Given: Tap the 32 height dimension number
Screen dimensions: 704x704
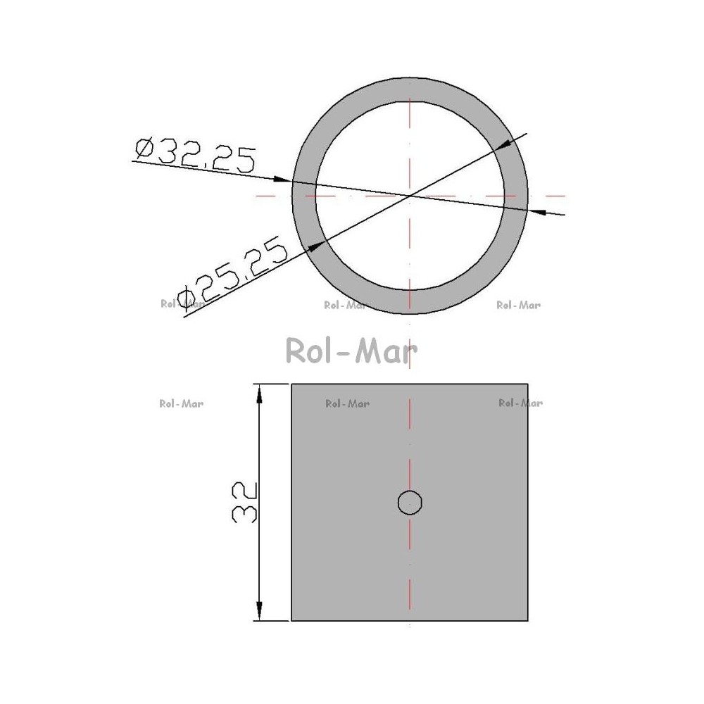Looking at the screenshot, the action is tap(245, 503).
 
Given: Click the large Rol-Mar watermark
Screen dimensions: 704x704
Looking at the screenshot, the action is tap(351, 351).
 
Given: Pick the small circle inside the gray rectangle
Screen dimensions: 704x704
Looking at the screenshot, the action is tap(410, 503).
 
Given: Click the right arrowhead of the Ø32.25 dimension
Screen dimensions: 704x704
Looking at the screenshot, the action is tap(537, 211).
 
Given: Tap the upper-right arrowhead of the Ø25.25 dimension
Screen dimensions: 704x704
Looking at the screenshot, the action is tap(502, 144).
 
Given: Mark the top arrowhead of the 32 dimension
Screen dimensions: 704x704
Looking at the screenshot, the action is tap(259, 394).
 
